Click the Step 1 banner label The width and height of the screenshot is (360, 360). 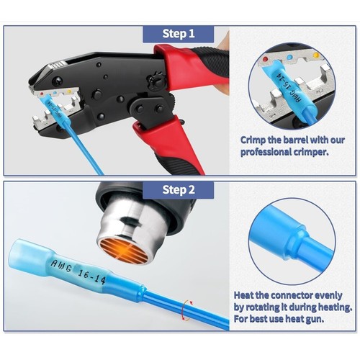pyautogui.click(x=179, y=33)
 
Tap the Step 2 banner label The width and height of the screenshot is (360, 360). pyautogui.click(x=179, y=190)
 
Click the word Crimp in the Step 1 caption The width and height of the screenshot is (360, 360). pyautogui.click(x=253, y=140)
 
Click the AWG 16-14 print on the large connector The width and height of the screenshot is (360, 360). pyautogui.click(x=78, y=271)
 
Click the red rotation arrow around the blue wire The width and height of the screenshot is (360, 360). pyautogui.click(x=186, y=310)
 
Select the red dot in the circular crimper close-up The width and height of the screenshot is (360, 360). pyautogui.click(x=265, y=59)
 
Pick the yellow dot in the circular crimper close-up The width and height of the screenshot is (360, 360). pyautogui.click(x=316, y=55)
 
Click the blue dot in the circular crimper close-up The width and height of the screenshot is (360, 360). pyautogui.click(x=290, y=57)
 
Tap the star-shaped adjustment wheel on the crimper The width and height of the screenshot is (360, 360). pyautogui.click(x=156, y=82)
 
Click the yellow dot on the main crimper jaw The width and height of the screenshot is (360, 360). pyautogui.click(x=69, y=91)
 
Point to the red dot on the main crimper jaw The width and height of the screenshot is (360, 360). pyautogui.click(x=42, y=94)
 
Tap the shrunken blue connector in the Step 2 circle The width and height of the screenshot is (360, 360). pyautogui.click(x=292, y=240)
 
